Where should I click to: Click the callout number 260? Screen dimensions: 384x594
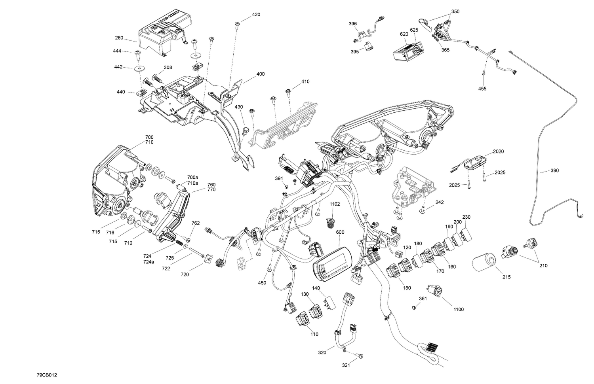(119, 38)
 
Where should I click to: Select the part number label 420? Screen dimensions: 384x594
(256, 15)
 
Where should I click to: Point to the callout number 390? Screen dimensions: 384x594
(554, 170)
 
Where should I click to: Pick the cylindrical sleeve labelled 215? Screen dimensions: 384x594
(484, 263)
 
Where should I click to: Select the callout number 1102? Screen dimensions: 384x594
(335, 204)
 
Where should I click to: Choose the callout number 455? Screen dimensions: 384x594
(482, 89)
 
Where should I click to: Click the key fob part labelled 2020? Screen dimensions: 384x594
(477, 163)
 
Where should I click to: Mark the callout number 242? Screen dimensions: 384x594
(439, 202)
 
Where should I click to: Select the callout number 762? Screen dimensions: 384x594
(195, 223)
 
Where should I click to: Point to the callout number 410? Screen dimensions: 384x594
(305, 81)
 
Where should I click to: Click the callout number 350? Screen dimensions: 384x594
(455, 11)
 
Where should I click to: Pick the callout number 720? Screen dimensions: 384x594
(185, 274)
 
